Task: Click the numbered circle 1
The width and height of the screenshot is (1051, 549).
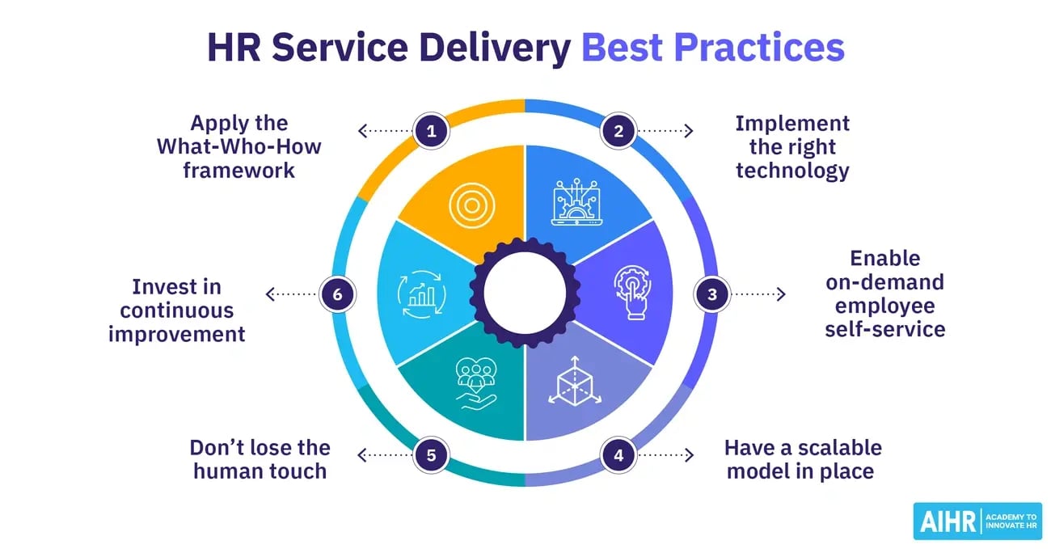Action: (431, 131)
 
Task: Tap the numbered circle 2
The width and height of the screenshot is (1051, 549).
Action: (618, 131)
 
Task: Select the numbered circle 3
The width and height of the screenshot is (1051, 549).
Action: (712, 294)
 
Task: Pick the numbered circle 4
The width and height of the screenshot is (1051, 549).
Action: (618, 455)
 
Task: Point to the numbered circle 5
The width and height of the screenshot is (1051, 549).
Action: (431, 455)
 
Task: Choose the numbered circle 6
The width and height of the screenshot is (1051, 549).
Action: (337, 294)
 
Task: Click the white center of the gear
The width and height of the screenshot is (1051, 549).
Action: (525, 293)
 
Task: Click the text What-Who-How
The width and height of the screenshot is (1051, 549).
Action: (238, 147)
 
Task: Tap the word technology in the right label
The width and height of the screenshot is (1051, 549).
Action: (792, 171)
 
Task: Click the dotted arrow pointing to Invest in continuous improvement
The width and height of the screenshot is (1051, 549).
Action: (292, 294)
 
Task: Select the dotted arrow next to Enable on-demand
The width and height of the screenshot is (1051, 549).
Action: (758, 294)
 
